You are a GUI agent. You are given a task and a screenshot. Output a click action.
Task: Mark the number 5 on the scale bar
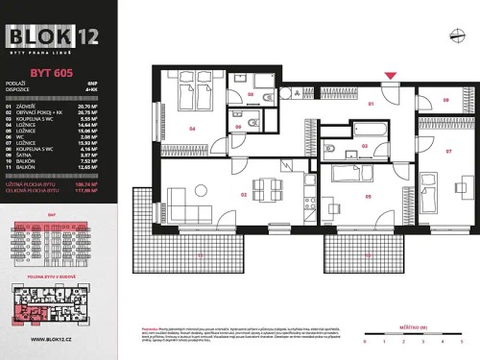(x=461, y=341)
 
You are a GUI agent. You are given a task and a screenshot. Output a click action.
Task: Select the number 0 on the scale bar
(x=365, y=341)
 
